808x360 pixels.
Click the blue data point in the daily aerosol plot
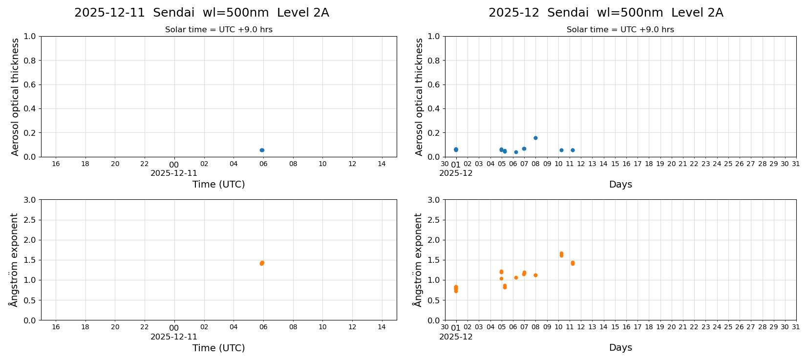click(x=262, y=150)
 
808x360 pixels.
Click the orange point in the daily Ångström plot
click(x=262, y=263)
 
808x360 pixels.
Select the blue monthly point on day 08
click(x=535, y=138)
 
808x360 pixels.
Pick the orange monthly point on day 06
click(x=516, y=277)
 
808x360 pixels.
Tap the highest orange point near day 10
click(x=561, y=254)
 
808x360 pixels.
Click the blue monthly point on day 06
click(x=516, y=152)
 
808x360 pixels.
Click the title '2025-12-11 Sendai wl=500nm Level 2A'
click(x=201, y=13)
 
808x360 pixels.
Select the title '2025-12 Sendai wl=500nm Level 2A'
click(x=605, y=13)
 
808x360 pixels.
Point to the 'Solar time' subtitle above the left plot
click(x=218, y=30)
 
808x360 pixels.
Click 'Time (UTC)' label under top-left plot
click(x=218, y=184)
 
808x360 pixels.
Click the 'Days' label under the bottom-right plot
click(x=620, y=347)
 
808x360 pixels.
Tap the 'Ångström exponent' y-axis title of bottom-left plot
click(x=14, y=259)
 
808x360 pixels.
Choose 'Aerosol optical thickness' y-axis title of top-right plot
click(x=419, y=97)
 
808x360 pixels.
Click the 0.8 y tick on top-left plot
click(x=30, y=61)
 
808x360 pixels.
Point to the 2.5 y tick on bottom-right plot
click(x=433, y=220)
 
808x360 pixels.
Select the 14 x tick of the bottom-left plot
click(x=382, y=327)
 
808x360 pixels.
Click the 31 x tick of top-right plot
click(x=796, y=164)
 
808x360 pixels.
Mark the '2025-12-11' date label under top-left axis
click(x=174, y=173)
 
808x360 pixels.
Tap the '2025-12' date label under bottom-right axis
click(x=455, y=337)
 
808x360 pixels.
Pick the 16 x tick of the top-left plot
click(x=56, y=164)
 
